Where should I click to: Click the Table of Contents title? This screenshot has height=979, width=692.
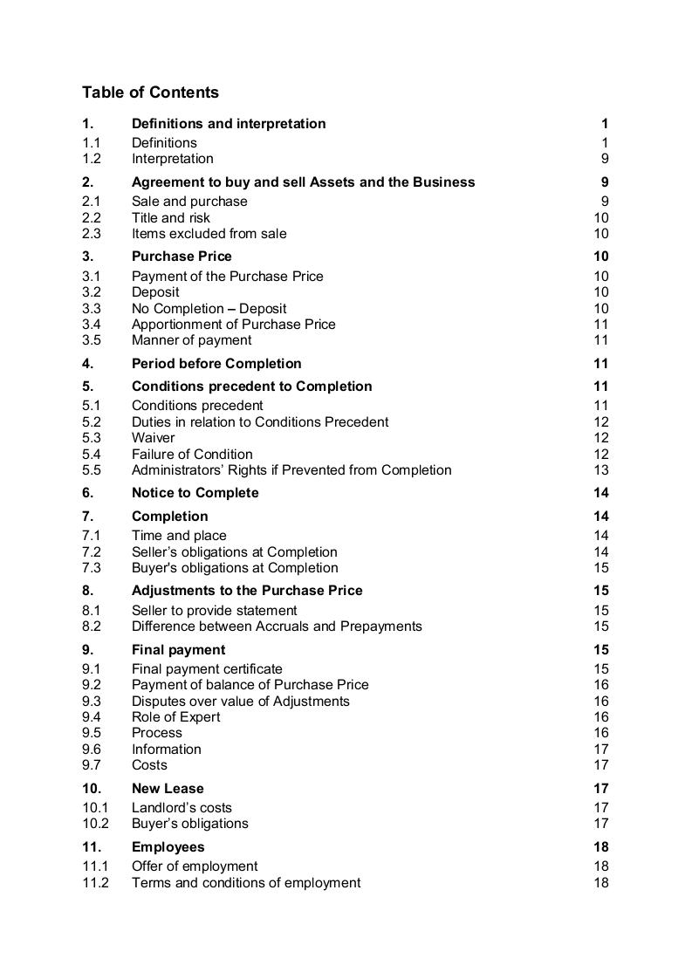click(x=150, y=92)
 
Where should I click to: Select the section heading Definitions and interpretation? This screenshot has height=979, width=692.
click(x=229, y=124)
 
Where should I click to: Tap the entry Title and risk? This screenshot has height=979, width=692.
click(x=171, y=218)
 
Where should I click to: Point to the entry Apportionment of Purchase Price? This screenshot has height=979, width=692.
click(x=233, y=325)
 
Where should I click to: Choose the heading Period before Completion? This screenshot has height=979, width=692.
click(x=216, y=364)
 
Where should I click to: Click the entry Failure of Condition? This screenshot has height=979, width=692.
click(x=192, y=455)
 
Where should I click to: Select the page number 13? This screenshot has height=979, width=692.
click(x=600, y=470)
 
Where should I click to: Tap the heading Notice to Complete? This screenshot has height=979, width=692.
click(x=195, y=493)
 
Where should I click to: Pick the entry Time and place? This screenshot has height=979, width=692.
click(x=179, y=536)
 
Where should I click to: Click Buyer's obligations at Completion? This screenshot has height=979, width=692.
click(x=235, y=568)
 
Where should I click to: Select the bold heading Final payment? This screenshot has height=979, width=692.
click(x=178, y=650)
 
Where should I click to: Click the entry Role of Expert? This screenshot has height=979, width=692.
click(x=175, y=717)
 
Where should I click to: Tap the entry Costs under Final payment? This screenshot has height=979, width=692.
click(x=149, y=765)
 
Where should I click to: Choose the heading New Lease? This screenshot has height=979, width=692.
click(x=168, y=789)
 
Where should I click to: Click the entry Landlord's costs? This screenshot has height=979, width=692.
click(x=182, y=808)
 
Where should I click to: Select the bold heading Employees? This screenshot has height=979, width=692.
click(x=168, y=847)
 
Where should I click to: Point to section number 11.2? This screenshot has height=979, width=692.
click(x=95, y=883)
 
